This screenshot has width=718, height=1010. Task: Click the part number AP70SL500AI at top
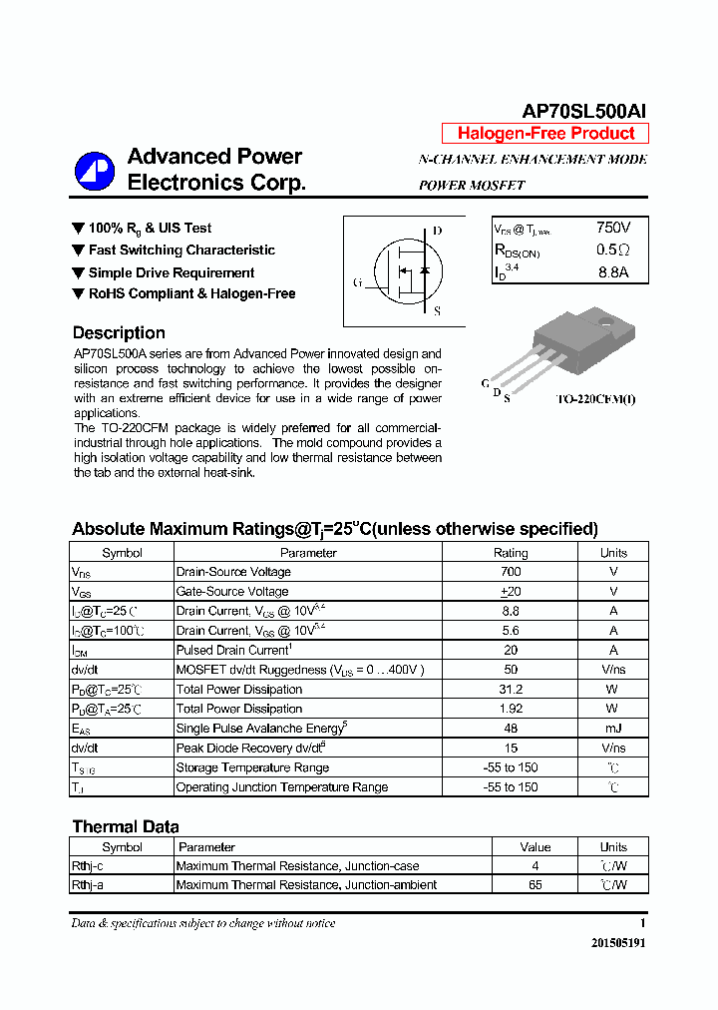(585, 112)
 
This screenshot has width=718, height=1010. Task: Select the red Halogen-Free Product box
(545, 134)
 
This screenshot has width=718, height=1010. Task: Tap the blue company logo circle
(95, 171)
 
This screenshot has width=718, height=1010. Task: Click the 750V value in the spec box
(613, 229)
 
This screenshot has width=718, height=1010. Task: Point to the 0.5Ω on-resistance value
(613, 251)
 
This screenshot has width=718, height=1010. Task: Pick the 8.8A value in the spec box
(613, 272)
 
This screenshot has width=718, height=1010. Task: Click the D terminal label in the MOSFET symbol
(437, 231)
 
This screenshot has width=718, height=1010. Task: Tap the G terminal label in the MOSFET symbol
(357, 282)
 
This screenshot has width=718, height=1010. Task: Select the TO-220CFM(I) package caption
(595, 399)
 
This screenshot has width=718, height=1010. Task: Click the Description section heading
(119, 333)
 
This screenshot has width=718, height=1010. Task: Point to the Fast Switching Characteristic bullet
(181, 251)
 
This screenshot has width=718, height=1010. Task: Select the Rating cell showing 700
(511, 572)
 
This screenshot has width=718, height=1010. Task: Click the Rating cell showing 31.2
(511, 690)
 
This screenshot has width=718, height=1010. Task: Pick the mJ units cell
(613, 729)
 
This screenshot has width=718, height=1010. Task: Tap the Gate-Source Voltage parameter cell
(232, 592)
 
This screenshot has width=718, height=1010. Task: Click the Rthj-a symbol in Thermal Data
(87, 885)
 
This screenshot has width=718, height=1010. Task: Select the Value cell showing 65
(536, 885)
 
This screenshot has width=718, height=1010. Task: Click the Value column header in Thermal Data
(536, 847)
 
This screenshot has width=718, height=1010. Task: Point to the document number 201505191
(617, 943)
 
